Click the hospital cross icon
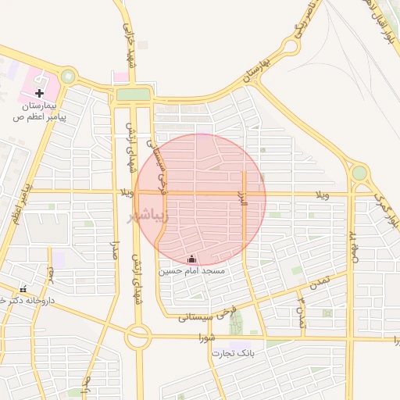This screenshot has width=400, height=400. point(39,93)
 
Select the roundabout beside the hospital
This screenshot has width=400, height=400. point(69,77)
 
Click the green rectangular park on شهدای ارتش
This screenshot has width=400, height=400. point(132,95)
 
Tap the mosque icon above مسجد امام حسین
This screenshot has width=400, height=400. point(192,259)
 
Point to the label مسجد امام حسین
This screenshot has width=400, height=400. point(192,271)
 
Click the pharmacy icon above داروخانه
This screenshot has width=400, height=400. point(23,289)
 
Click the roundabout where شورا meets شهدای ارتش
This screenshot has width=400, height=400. point(138,337)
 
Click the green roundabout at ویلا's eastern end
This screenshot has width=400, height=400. point(359,173)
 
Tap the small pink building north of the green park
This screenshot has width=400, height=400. point(120,77)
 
